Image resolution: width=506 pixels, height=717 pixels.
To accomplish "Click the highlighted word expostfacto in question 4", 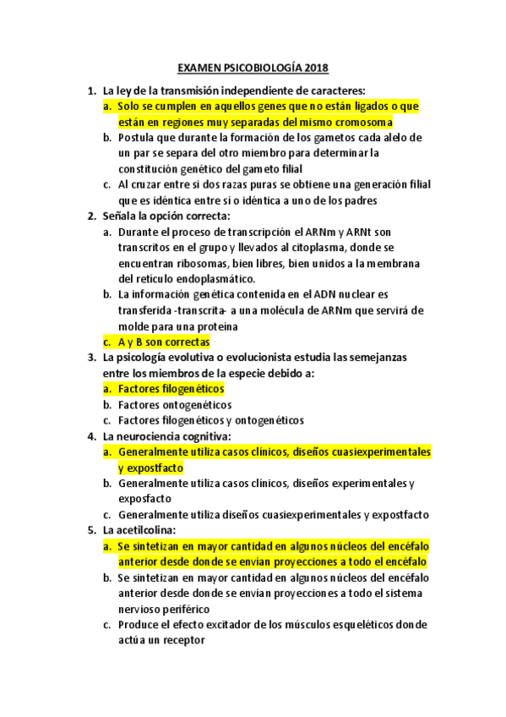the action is pos(155,468).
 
